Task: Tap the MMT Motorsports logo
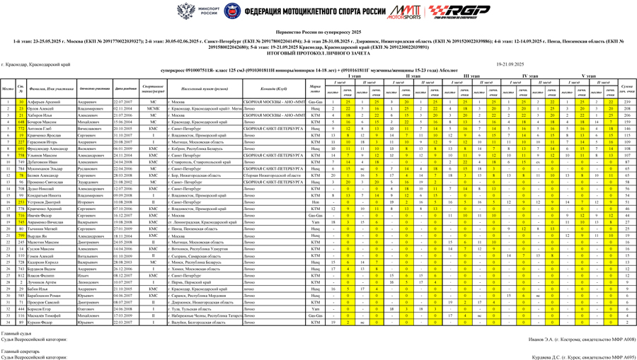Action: click(x=403, y=11)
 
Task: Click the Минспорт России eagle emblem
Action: click(x=187, y=11)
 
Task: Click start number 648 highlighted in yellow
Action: click(x=21, y=122)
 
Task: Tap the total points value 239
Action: click(x=626, y=102)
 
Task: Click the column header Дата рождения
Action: click(x=126, y=88)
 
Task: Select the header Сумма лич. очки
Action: click(x=626, y=88)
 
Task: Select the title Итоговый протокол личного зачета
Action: click(x=318, y=53)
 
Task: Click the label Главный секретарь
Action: click(x=20, y=351)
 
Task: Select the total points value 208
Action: click(x=626, y=108)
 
